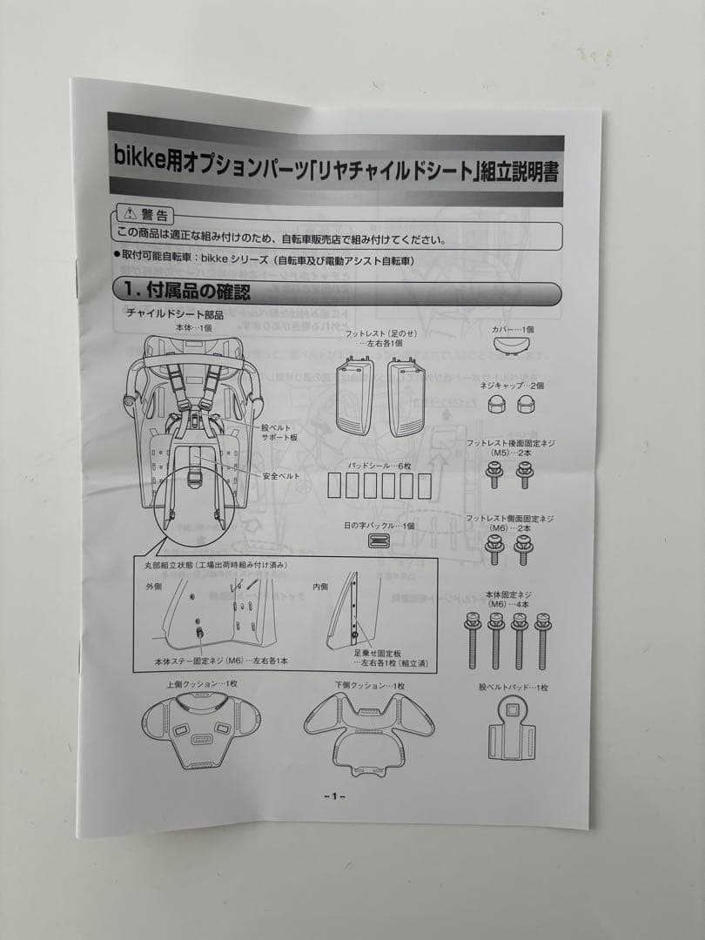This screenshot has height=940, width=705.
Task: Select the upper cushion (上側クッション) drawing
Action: click(202, 727)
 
